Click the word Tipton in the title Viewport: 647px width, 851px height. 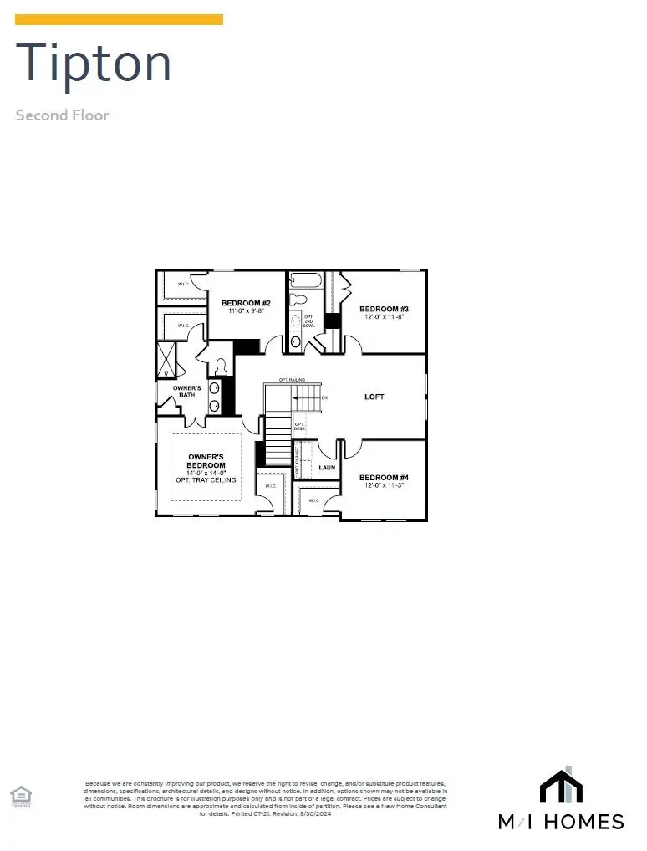[x=94, y=63]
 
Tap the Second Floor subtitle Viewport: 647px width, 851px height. [x=62, y=115]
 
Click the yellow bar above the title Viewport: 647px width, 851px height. [x=120, y=19]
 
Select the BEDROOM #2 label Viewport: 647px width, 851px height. [x=246, y=303]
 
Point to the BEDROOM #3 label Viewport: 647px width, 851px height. [x=384, y=309]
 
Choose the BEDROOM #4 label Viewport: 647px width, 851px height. [x=384, y=478]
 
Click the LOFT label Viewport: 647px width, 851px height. [x=374, y=397]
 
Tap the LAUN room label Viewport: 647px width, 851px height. [x=327, y=467]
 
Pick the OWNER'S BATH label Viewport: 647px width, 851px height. [x=187, y=392]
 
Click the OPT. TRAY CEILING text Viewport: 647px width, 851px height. [x=206, y=480]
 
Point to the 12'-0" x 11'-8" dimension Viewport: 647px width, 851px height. [x=384, y=317]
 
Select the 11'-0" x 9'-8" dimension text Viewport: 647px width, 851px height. [x=246, y=311]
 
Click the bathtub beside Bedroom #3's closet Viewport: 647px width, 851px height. [x=307, y=280]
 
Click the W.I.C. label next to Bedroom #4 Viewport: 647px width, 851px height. [x=314, y=500]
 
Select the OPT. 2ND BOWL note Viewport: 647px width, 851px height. [x=308, y=320]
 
